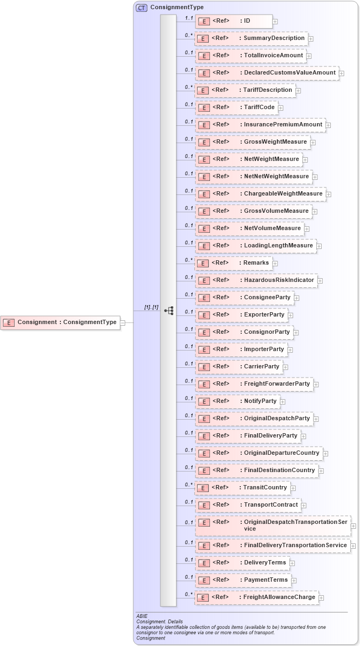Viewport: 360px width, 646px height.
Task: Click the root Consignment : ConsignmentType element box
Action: point(60,322)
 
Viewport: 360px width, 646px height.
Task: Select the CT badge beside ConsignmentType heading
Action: point(141,8)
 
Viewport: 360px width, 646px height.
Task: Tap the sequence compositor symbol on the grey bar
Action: point(169,311)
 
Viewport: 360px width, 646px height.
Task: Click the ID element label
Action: point(247,21)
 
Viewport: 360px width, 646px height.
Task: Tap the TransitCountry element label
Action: point(265,488)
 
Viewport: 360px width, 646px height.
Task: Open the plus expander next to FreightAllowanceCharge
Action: point(321,597)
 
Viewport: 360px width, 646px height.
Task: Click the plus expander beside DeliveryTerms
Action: point(292,563)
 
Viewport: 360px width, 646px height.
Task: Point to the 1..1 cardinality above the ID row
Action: point(188,18)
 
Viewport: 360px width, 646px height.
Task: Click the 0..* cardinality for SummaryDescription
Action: point(188,35)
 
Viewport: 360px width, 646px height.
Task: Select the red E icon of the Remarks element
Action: point(202,264)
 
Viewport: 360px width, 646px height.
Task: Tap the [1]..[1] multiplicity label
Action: point(151,307)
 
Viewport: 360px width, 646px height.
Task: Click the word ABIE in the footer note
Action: point(142,616)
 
